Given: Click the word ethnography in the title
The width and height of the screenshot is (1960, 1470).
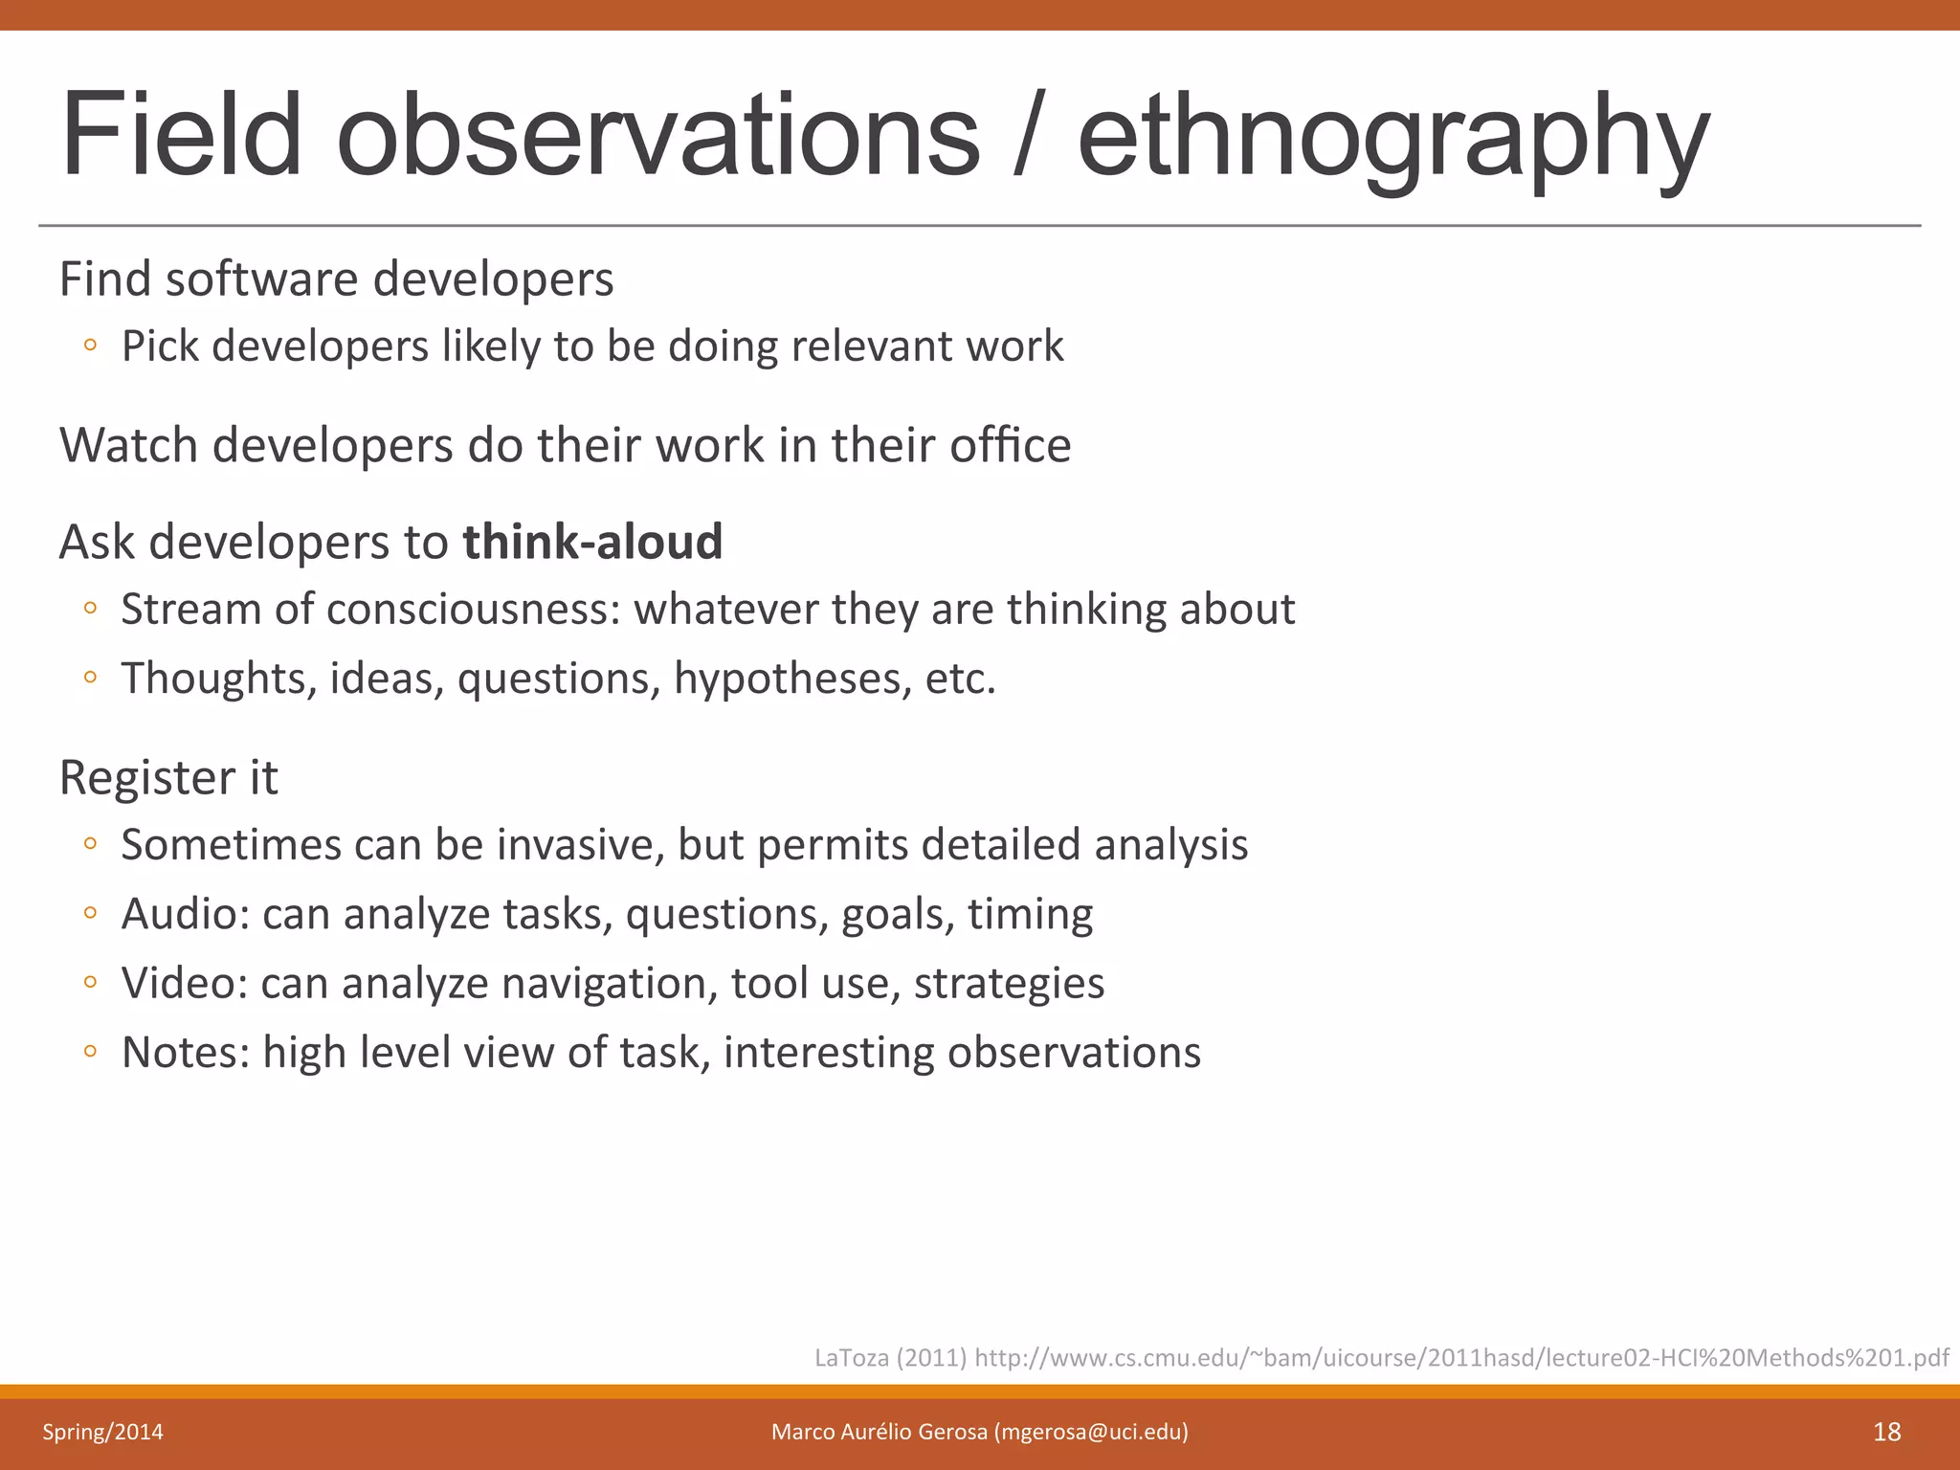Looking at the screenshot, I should pos(1392,136).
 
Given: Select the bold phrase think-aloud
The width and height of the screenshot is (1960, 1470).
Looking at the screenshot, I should pos(592,542).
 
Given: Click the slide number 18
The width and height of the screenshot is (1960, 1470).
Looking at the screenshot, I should pos(1886,1432).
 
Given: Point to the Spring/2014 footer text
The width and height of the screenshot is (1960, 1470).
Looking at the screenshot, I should pos(102,1432).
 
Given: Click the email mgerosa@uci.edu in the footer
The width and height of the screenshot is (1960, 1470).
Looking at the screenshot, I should pos(1091,1432).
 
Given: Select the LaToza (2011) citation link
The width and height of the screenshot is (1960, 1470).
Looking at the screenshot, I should pos(1381,1357).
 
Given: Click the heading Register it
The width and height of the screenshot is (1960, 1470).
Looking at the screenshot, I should pos(168,777).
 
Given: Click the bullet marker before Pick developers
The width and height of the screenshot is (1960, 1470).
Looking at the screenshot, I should pos(90,345).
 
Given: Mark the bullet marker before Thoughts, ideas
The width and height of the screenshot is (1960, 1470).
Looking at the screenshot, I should pos(90,678).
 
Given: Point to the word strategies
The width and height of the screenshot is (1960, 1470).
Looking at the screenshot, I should pos(1009,984).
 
